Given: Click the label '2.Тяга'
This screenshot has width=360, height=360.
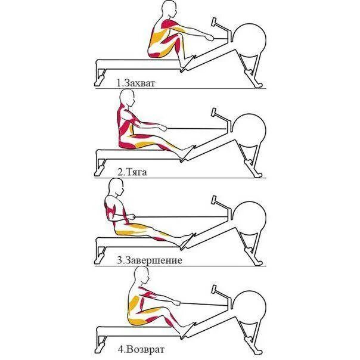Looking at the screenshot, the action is point(132,172).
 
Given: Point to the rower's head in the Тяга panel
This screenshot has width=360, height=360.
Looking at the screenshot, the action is point(128,97).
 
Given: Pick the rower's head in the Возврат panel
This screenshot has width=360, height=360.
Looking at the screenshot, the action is point(141,276).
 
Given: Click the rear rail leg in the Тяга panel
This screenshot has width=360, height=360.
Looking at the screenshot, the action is point(100,164).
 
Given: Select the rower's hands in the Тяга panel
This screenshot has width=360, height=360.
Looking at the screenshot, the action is point(164,126).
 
